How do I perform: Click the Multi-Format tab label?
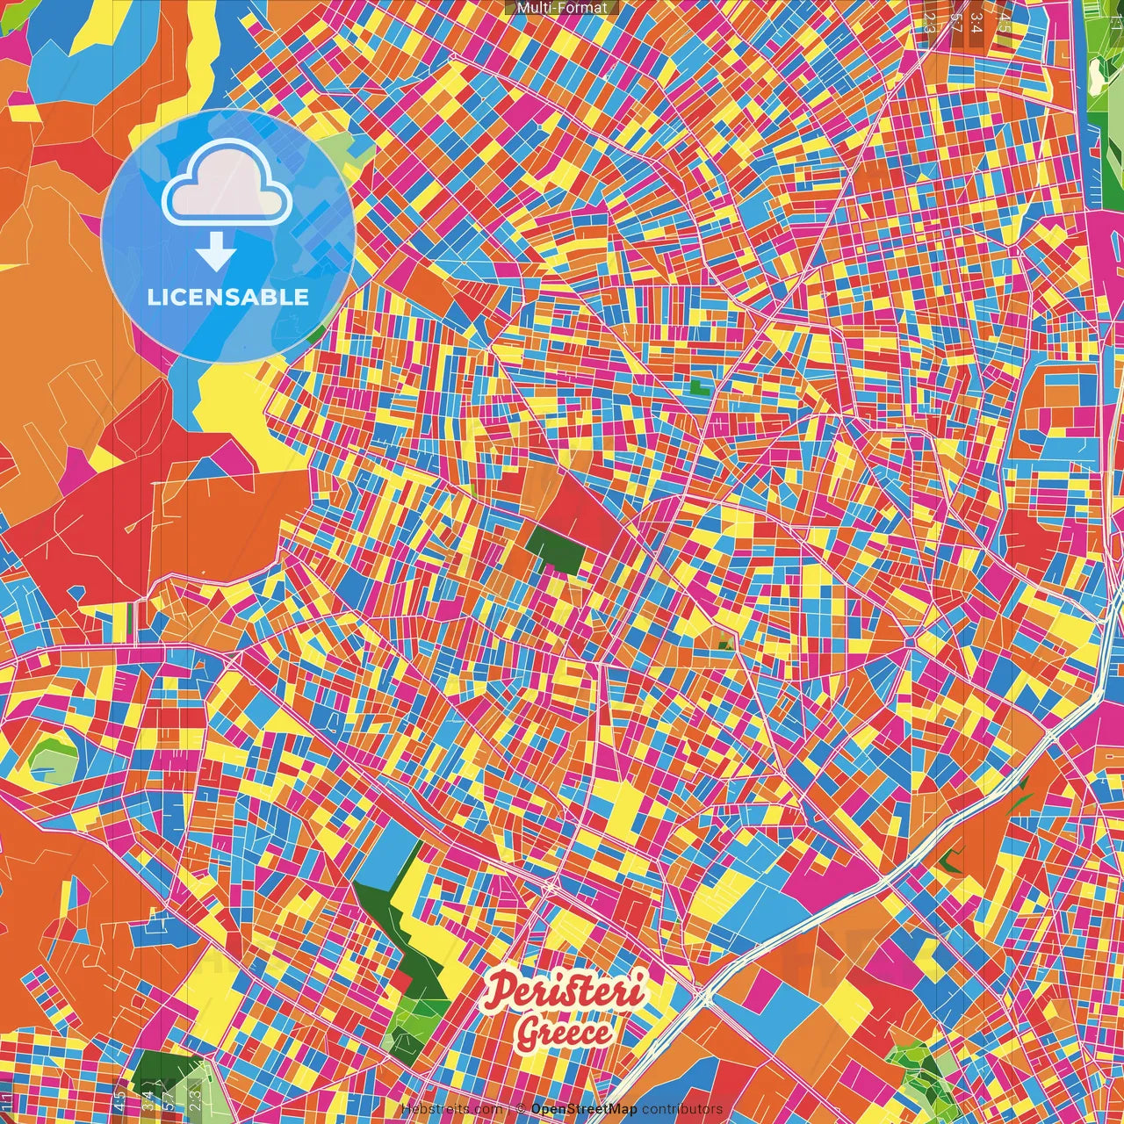pyautogui.click(x=562, y=8)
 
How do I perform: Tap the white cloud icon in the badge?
pyautogui.click(x=227, y=184)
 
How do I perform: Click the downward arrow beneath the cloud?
pyautogui.click(x=216, y=254)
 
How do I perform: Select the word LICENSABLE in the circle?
pyautogui.click(x=228, y=297)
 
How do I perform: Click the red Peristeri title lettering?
pyautogui.click(x=566, y=991)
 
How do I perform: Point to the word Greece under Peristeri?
pyautogui.click(x=565, y=1033)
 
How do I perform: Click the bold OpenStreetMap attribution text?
pyautogui.click(x=584, y=1109)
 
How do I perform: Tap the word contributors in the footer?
pyautogui.click(x=682, y=1109)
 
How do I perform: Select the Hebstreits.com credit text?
pyautogui.click(x=451, y=1109)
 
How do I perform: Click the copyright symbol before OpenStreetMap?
pyautogui.click(x=521, y=1109)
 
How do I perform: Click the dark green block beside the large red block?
pyautogui.click(x=555, y=550)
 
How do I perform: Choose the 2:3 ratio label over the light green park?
pyautogui.click(x=195, y=1094)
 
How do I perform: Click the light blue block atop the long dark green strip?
pyautogui.click(x=387, y=856)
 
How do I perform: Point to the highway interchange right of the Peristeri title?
pyautogui.click(x=702, y=996)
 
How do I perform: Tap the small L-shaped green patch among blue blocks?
pyautogui.click(x=699, y=385)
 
